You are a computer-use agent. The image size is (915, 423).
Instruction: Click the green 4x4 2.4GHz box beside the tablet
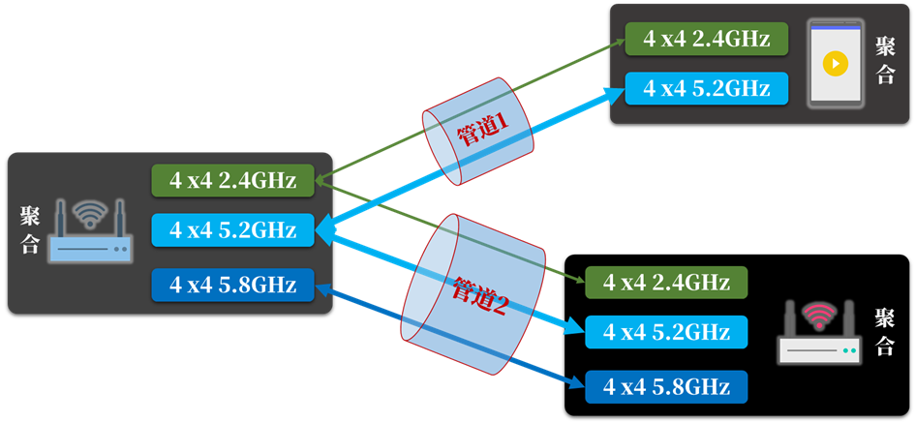[x=706, y=39]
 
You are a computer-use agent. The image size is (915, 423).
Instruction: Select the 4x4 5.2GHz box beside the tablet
[x=706, y=88]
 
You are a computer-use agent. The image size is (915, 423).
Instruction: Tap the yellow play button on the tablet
[x=835, y=64]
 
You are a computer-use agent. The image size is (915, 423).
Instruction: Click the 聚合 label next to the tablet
[x=885, y=61]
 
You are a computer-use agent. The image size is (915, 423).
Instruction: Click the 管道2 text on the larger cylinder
[x=480, y=297]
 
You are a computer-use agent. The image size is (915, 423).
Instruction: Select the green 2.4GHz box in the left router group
[x=232, y=180]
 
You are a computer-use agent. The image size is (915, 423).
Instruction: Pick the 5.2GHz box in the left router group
[x=232, y=230]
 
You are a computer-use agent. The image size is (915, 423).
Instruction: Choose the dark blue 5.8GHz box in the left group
[x=232, y=284]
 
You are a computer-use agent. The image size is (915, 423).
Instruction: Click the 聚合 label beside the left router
[x=30, y=230]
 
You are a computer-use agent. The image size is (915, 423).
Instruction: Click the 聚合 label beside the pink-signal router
[x=884, y=332]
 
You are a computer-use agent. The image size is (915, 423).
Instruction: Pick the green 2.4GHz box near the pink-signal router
[x=666, y=282]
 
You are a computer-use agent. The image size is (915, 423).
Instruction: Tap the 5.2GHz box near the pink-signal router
[x=666, y=332]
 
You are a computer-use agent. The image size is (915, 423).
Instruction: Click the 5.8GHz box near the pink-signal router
[x=666, y=387]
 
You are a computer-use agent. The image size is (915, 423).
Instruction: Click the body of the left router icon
[x=90, y=250]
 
